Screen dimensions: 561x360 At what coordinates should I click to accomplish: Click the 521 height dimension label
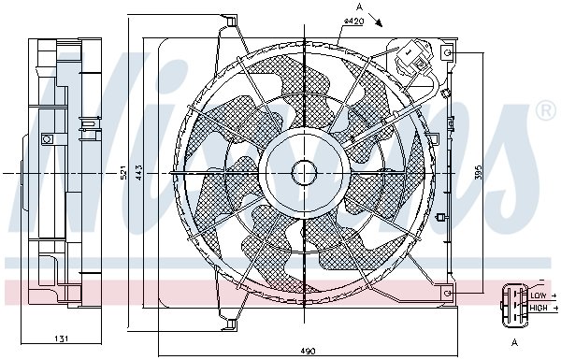[123, 172]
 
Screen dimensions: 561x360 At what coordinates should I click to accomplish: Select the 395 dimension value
[480, 172]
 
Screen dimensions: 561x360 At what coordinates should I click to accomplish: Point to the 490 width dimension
[308, 351]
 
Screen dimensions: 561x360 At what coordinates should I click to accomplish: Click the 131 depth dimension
[61, 338]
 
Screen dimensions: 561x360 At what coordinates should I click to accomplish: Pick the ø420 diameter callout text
[353, 22]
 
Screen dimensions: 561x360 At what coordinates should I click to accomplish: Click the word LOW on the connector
[539, 295]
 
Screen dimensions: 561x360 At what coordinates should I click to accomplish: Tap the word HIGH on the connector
[539, 308]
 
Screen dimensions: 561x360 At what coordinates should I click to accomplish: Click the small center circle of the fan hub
[304, 173]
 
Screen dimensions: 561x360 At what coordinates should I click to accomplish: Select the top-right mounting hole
[447, 53]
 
